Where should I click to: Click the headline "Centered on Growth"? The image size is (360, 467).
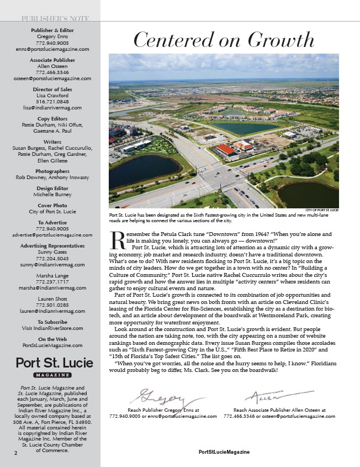click(x=224, y=40)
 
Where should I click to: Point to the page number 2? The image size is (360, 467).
click(x=17, y=453)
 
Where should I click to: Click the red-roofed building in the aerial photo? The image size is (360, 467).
click(x=225, y=149)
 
